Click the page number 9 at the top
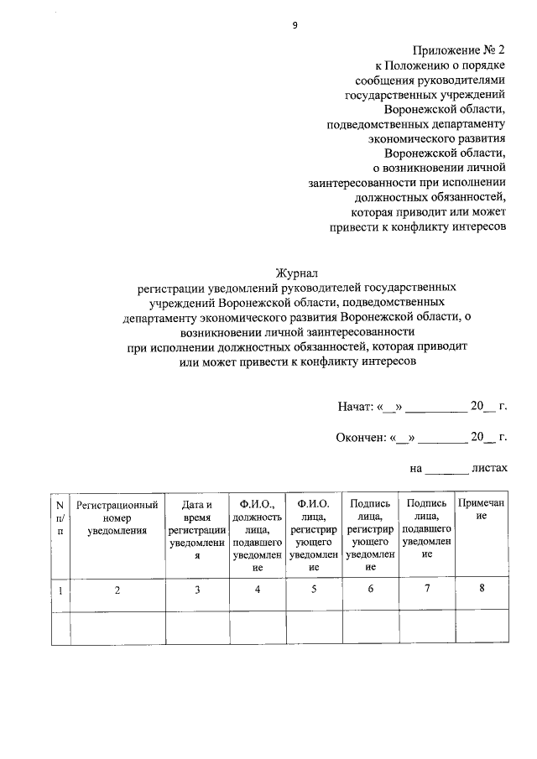(295, 25)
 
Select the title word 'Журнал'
(297, 273)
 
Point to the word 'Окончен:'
(357, 437)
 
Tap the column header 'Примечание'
(482, 510)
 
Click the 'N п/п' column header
(60, 517)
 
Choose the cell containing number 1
(60, 590)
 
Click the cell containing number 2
(117, 590)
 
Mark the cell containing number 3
(197, 590)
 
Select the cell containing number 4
(258, 590)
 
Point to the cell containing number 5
(314, 590)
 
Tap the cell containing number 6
(370, 590)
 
